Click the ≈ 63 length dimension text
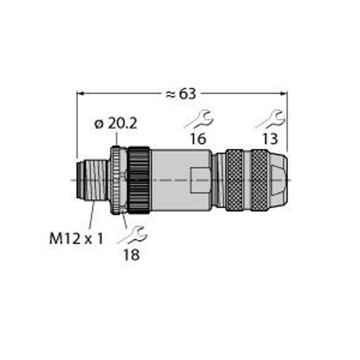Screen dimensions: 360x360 [181, 94]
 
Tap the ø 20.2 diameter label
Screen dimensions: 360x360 [116, 124]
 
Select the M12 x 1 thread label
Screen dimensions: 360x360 [76, 239]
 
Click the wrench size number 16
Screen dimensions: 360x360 [198, 139]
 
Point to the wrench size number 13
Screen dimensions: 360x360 [270, 139]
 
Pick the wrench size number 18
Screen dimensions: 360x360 [131, 254]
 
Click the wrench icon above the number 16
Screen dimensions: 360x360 [199, 119]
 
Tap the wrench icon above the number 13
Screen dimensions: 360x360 [270, 119]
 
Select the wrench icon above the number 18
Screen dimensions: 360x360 [132, 235]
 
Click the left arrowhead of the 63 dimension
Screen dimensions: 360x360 [79, 94]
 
